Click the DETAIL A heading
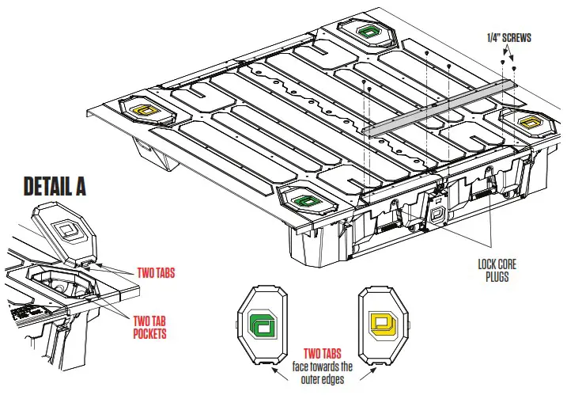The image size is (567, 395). [x=55, y=186]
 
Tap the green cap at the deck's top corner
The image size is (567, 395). [x=369, y=31]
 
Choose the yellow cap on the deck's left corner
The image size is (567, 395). [x=146, y=109]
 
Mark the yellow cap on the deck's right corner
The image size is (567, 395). [x=527, y=120]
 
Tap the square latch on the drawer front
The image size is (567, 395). [x=437, y=215]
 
